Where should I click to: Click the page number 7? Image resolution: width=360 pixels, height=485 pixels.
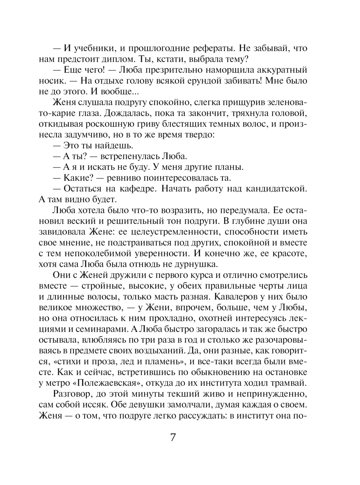tap(173, 437)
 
